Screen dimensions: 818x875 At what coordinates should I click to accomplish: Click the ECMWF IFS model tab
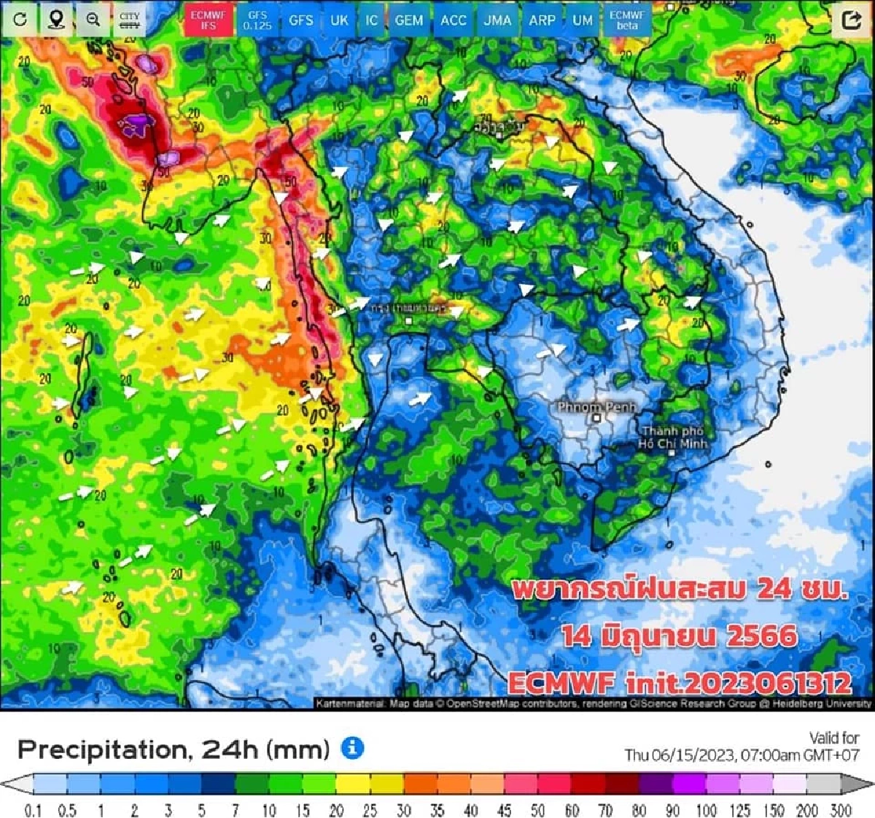pos(208,20)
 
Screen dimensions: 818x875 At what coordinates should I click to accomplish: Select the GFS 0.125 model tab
pos(257,20)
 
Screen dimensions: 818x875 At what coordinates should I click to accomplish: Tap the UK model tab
pos(339,20)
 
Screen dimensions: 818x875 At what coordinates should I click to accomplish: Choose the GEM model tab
pos(408,20)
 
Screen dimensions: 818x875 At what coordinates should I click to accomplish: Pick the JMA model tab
pos(497,20)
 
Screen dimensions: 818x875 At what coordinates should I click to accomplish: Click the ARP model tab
pos(542,20)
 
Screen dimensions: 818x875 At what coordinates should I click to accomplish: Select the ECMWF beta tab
pos(626,20)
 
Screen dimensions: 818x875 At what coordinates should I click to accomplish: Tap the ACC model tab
pos(453,20)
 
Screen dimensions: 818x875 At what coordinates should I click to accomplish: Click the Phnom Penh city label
pos(596,407)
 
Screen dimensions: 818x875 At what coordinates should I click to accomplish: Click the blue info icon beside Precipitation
pos(352,748)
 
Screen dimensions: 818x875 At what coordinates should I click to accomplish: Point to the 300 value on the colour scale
pos(840,810)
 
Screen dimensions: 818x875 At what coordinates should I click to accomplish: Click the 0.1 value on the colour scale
pos(33,810)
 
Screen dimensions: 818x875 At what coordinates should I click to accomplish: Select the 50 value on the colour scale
pos(537,810)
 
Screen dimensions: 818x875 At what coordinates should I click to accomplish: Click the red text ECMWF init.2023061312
pos(679,683)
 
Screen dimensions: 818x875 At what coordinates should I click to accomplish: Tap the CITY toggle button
pos(130,20)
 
